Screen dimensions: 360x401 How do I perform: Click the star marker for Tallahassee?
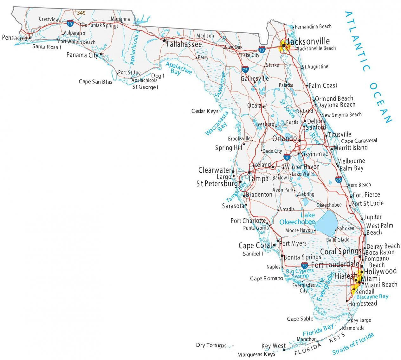tap(164, 41)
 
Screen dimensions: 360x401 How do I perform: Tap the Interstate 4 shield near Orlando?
tap(287, 157)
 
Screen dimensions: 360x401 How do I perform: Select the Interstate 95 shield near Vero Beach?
tap(338, 180)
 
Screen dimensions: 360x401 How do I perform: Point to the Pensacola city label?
tap(15, 38)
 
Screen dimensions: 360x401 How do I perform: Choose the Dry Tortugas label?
tap(211, 345)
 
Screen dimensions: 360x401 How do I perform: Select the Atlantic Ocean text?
tap(368, 67)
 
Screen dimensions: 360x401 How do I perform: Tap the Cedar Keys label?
tap(205, 111)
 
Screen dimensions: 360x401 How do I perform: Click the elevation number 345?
tap(81, 13)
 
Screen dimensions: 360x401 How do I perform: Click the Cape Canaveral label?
tap(359, 141)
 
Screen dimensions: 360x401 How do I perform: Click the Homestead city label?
tap(363, 304)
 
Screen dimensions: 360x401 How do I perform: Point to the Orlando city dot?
tap(299, 140)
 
